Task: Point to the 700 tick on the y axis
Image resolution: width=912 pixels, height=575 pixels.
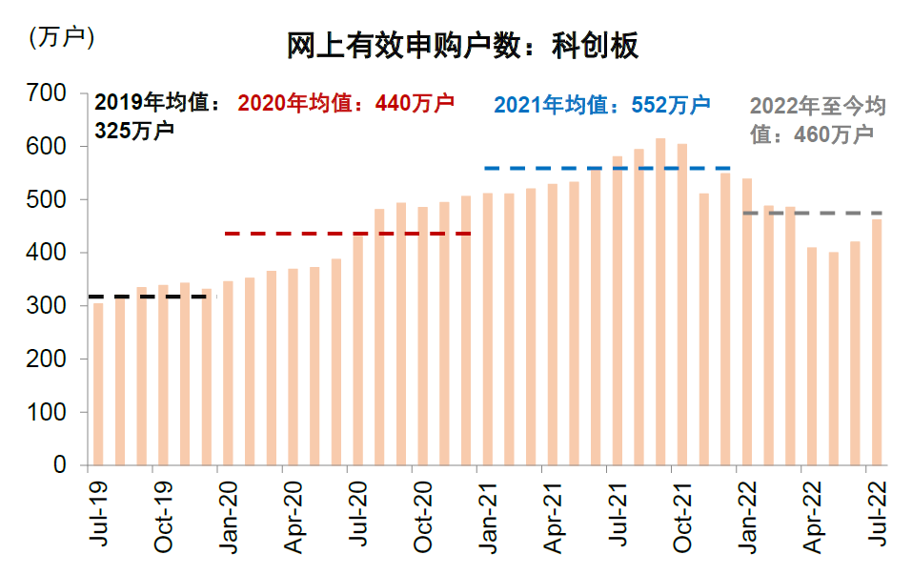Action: pyautogui.click(x=47, y=93)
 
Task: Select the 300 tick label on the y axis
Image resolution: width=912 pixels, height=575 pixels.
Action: pyautogui.click(x=47, y=306)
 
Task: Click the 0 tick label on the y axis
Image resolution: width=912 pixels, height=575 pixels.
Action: pyautogui.click(x=58, y=465)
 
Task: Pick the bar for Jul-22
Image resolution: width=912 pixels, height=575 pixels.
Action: pyautogui.click(x=877, y=343)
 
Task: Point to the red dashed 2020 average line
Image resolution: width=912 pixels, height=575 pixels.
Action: pyautogui.click(x=348, y=234)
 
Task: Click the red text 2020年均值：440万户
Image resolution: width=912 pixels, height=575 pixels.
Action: pyautogui.click(x=346, y=103)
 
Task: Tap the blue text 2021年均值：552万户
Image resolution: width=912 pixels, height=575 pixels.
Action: pyautogui.click(x=602, y=105)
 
